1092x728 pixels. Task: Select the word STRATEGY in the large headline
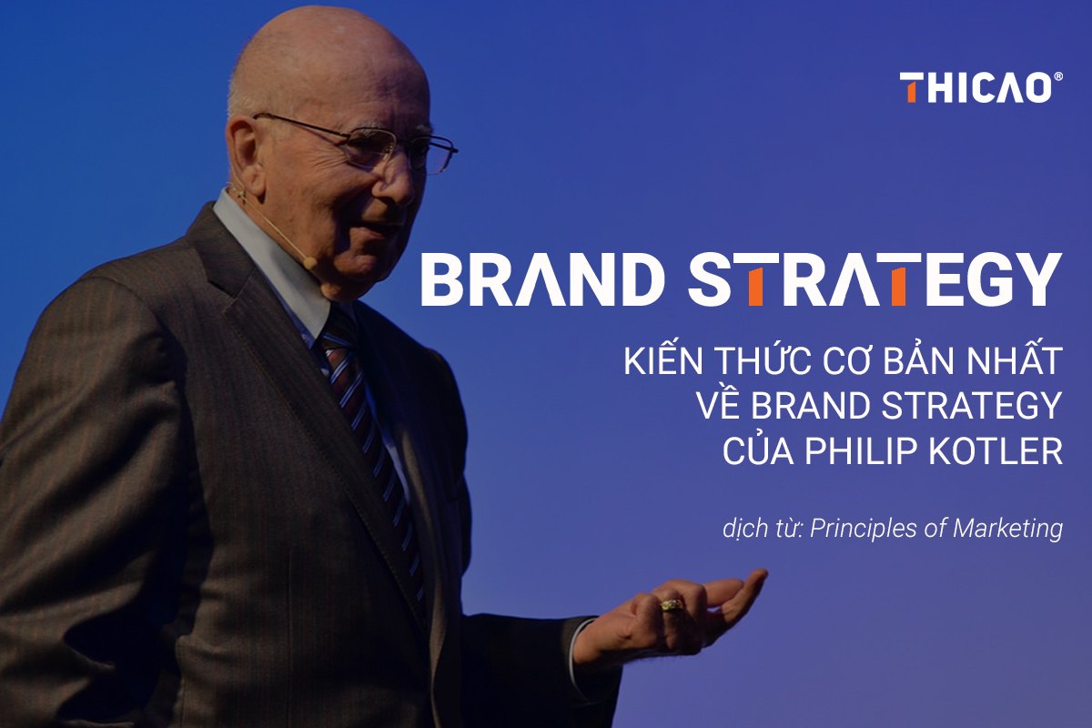tap(875, 279)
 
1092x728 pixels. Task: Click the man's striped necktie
tap(364, 409)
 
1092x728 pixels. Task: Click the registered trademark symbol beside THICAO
tap(1057, 79)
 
